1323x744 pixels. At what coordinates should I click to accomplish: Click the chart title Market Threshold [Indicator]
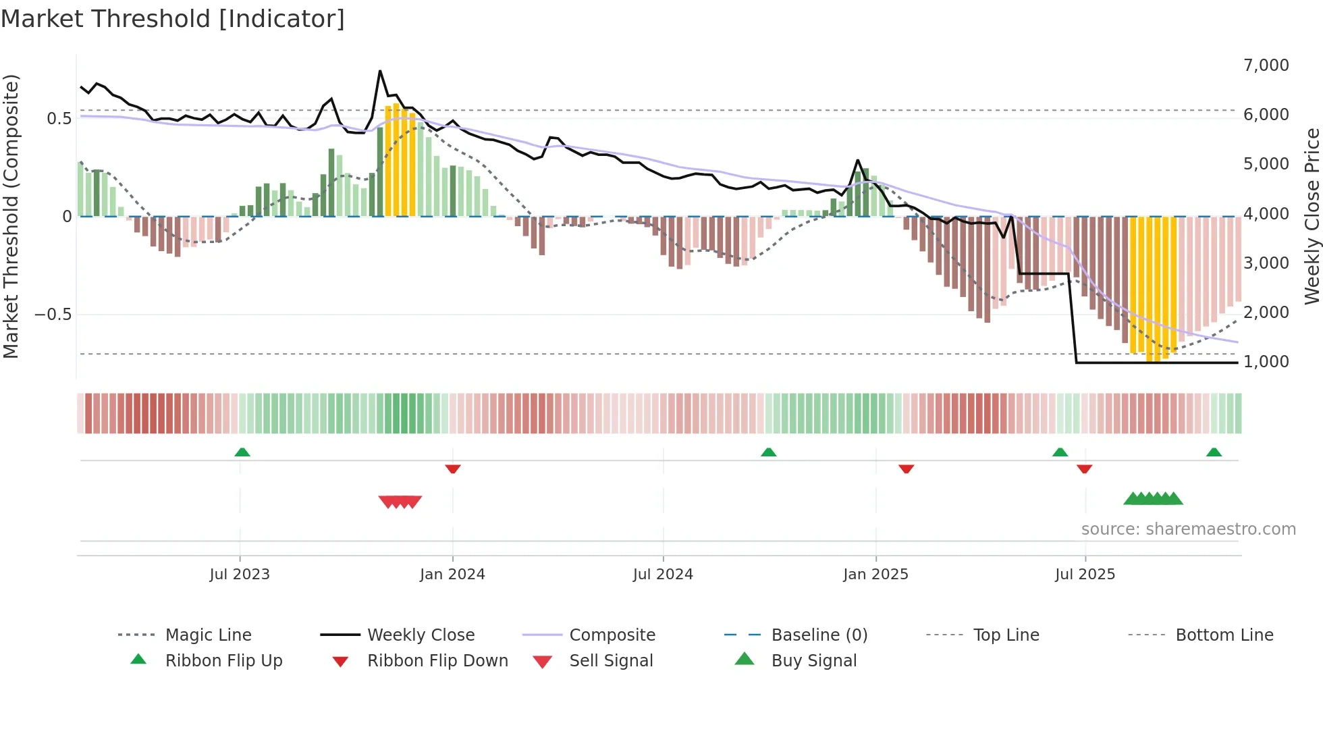[x=173, y=19]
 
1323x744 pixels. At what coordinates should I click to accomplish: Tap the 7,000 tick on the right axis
[x=1266, y=65]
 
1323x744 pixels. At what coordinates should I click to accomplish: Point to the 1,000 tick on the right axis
[x=1266, y=362]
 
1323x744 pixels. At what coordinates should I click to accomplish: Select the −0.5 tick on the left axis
[x=53, y=315]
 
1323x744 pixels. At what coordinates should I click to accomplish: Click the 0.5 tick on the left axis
[x=59, y=119]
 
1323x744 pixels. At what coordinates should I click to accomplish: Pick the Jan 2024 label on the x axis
[x=452, y=575]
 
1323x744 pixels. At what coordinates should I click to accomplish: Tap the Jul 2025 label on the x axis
[x=1085, y=575]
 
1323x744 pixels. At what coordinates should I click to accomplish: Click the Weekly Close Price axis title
[x=1312, y=216]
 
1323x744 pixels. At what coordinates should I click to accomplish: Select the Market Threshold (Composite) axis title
[x=11, y=216]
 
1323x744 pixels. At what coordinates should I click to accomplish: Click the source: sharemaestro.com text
[x=1188, y=529]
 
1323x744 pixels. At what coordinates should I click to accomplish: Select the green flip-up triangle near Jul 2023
[x=242, y=452]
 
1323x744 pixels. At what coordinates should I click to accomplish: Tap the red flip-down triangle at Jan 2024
[x=453, y=469]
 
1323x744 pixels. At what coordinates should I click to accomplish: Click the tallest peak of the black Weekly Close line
[x=380, y=71]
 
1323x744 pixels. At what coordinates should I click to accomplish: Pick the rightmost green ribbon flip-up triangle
[x=1214, y=452]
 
